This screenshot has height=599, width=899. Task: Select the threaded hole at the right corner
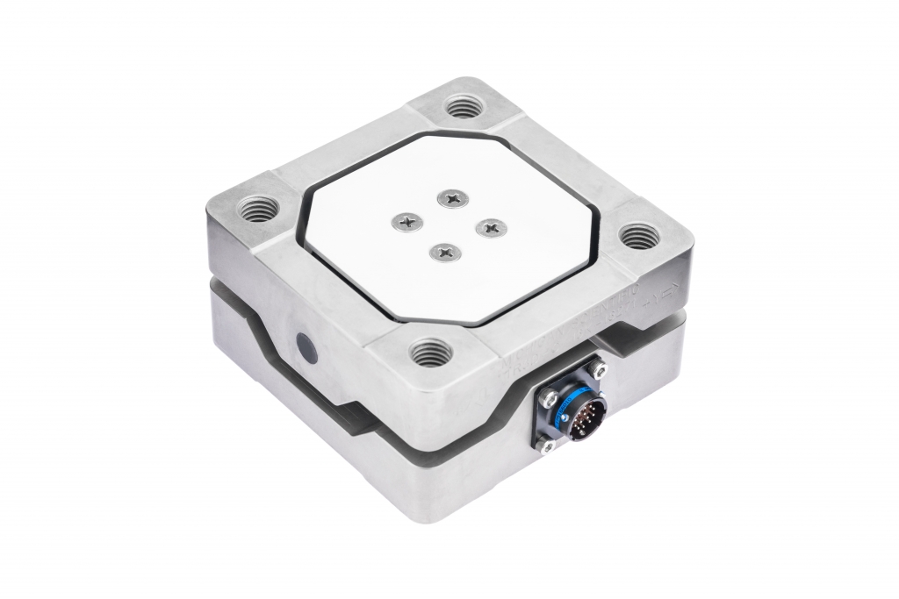[x=638, y=236]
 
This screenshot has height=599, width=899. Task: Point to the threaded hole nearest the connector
[x=431, y=353]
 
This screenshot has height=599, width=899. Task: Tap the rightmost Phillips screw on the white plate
[x=490, y=226]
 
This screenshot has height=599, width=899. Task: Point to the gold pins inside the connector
[x=585, y=421]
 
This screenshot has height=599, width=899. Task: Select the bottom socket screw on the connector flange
[x=545, y=446]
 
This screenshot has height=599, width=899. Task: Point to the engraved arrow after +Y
[x=671, y=291]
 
